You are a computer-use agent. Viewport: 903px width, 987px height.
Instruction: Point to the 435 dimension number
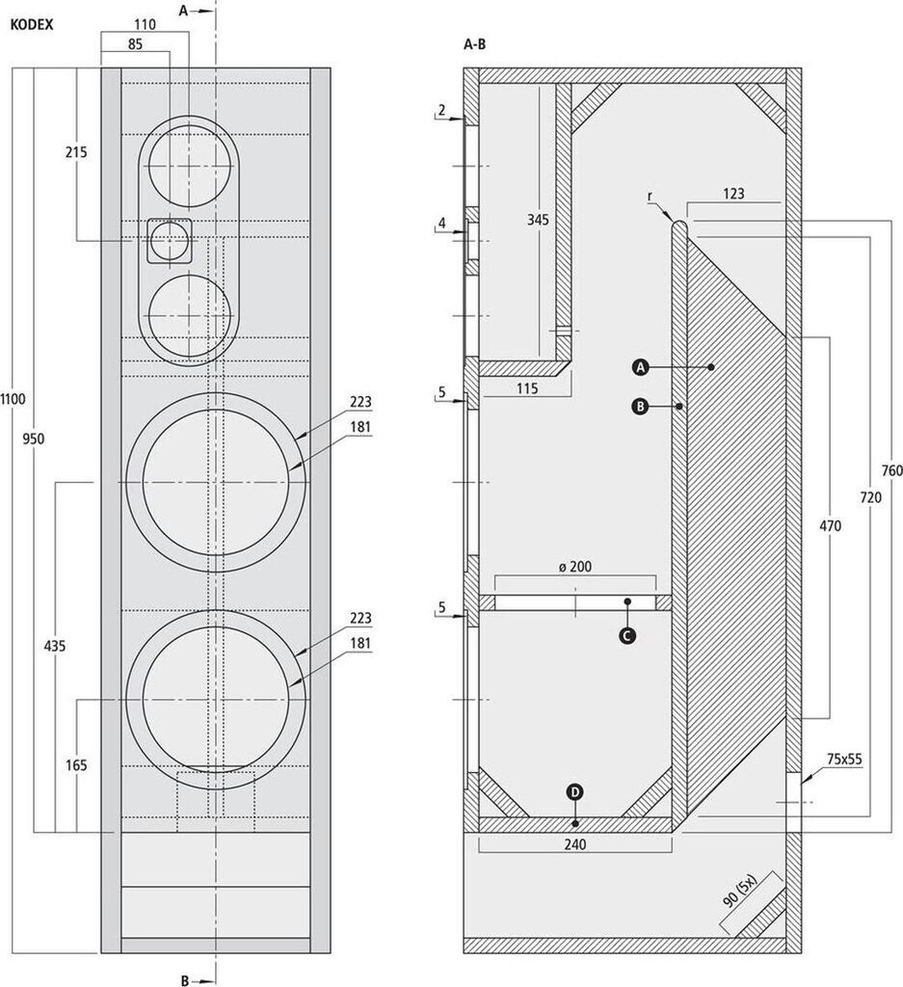tap(54, 646)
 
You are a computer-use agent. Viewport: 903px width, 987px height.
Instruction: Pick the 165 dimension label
tap(77, 765)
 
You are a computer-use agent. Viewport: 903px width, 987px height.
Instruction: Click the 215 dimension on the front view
tap(78, 152)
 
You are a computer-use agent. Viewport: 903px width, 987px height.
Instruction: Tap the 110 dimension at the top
tap(144, 22)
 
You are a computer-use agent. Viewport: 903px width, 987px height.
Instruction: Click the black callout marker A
tap(640, 367)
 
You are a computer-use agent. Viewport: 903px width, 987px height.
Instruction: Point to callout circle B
tap(640, 407)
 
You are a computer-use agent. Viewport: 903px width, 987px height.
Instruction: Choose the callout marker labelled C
tap(627, 635)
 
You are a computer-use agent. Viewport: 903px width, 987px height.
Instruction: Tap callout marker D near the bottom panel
tap(575, 792)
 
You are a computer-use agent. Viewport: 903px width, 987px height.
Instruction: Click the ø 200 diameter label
tap(574, 567)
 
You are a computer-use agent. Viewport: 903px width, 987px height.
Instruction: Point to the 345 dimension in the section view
tap(538, 220)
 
